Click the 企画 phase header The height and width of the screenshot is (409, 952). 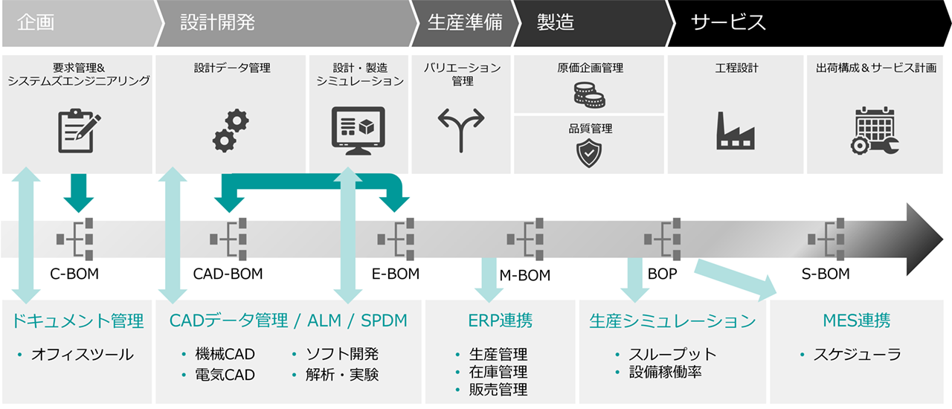click(x=36, y=22)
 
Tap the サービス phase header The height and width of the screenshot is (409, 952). click(x=728, y=22)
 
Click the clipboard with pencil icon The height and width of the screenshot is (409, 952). click(x=78, y=131)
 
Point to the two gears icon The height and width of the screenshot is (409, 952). click(x=231, y=129)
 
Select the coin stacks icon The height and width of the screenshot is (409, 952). click(x=590, y=94)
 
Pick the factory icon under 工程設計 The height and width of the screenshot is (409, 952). click(x=735, y=131)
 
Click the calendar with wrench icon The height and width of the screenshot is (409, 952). click(x=876, y=131)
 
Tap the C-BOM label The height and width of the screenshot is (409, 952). click(x=74, y=274)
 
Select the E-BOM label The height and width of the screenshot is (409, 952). click(x=396, y=274)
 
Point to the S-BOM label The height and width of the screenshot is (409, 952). click(x=826, y=274)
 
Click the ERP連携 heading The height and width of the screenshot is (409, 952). click(x=501, y=321)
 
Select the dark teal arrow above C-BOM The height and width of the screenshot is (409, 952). click(x=79, y=191)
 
